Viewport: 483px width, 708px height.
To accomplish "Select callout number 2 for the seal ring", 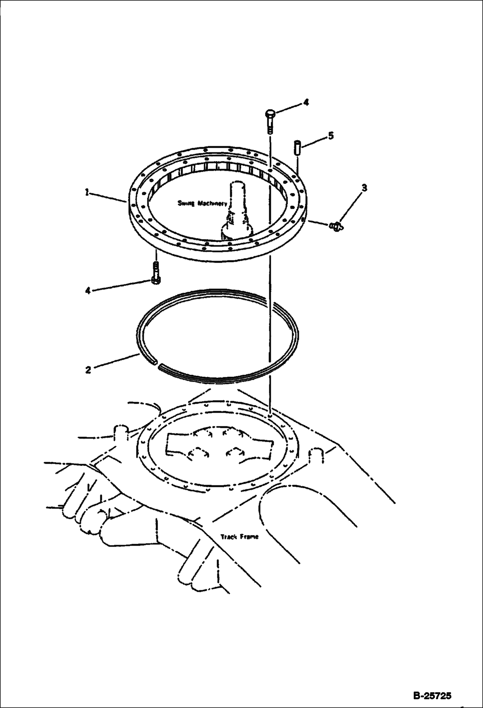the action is (88, 370).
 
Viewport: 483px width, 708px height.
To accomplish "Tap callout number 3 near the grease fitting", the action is (364, 188).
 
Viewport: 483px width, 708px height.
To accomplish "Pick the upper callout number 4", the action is (306, 103).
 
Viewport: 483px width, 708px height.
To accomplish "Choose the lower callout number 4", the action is (88, 291).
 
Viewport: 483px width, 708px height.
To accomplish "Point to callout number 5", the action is (331, 136).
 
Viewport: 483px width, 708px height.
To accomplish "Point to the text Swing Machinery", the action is (202, 203).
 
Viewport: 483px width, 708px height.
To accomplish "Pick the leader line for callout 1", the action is (107, 197).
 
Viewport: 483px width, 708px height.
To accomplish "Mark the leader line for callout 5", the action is (314, 142).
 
